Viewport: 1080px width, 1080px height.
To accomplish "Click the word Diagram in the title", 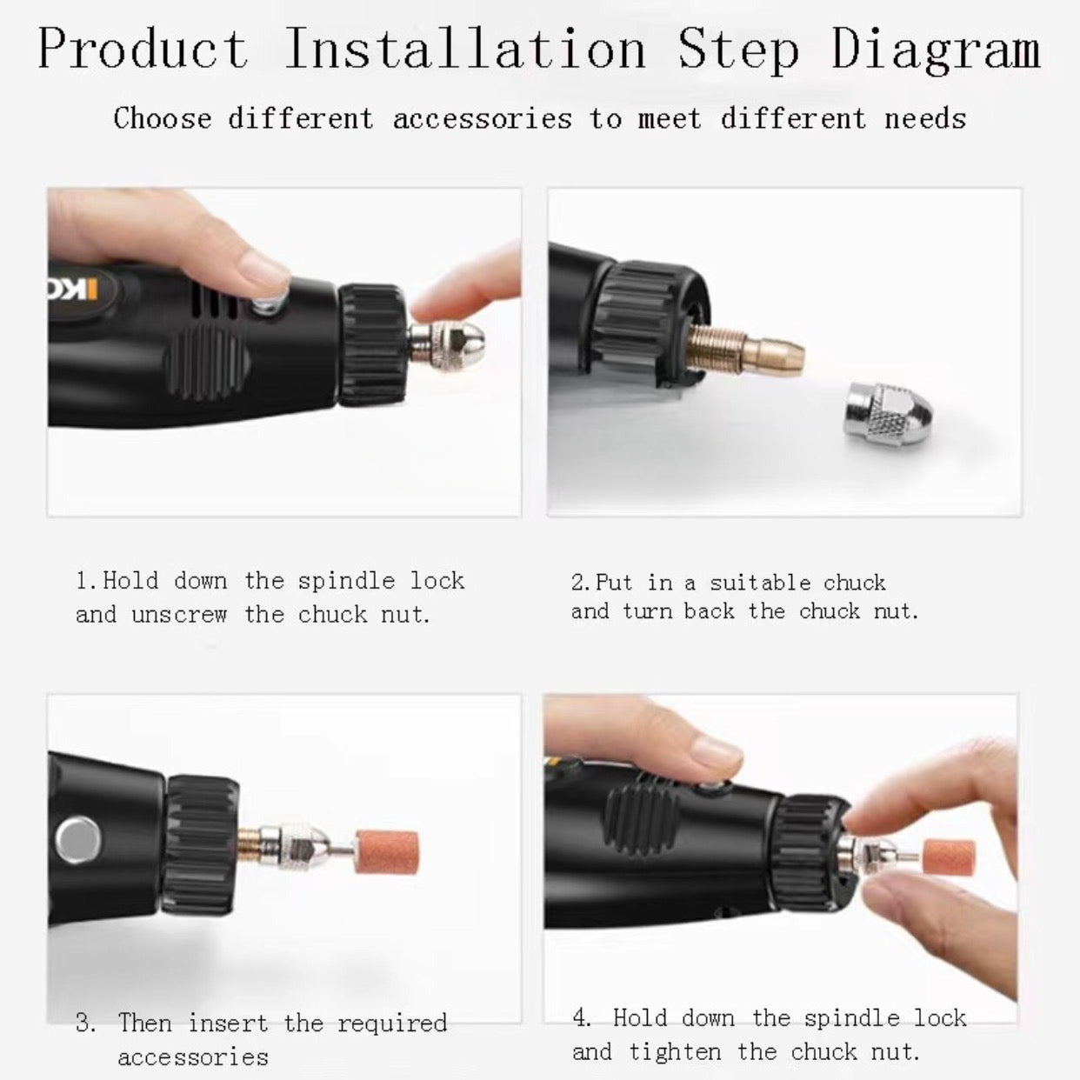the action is pos(936,50).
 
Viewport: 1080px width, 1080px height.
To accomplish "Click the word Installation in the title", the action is pos(465,49).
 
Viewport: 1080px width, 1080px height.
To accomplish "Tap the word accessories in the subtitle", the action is pos(482,119).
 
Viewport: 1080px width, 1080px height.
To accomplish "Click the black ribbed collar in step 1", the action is pos(371,344).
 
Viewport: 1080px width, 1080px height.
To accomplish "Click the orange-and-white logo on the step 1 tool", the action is pos(73,290).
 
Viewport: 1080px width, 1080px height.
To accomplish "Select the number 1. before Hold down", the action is pos(88,581).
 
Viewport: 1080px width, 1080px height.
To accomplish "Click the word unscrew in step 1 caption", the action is pos(179,616).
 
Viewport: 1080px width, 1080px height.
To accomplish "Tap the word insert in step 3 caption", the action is pos(228,1023).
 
